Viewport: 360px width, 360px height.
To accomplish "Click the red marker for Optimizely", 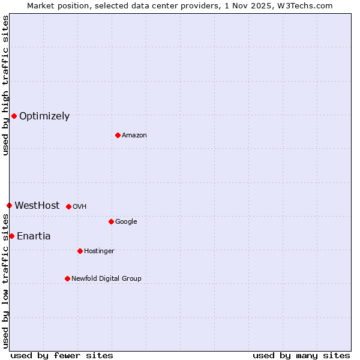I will coord(14,116).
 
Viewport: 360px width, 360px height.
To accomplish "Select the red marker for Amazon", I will coord(118,135).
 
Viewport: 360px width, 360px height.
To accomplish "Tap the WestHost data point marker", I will coord(9,205).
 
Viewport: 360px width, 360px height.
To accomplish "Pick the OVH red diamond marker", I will coord(68,206).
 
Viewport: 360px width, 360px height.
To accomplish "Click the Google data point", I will coord(111,221).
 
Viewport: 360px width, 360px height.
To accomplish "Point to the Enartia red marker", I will coord(11,236).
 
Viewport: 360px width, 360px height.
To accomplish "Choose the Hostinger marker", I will coord(80,251).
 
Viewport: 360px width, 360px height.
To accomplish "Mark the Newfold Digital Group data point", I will coord(67,278).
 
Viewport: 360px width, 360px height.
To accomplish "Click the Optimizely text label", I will coord(44,116).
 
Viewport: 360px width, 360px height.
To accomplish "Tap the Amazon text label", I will coord(134,136).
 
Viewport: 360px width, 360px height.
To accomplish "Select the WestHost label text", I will coord(37,206).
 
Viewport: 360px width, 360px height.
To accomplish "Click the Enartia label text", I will coord(34,236).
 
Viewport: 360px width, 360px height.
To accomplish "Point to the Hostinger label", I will coord(99,251).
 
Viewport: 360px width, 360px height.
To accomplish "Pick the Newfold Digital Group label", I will coord(106,279).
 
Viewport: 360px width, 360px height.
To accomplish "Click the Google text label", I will coord(126,222).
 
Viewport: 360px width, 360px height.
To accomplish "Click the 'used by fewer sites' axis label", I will coord(62,355).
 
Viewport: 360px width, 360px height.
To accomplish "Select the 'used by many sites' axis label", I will coord(301,355).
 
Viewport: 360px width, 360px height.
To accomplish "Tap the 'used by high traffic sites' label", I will coord(5,85).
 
